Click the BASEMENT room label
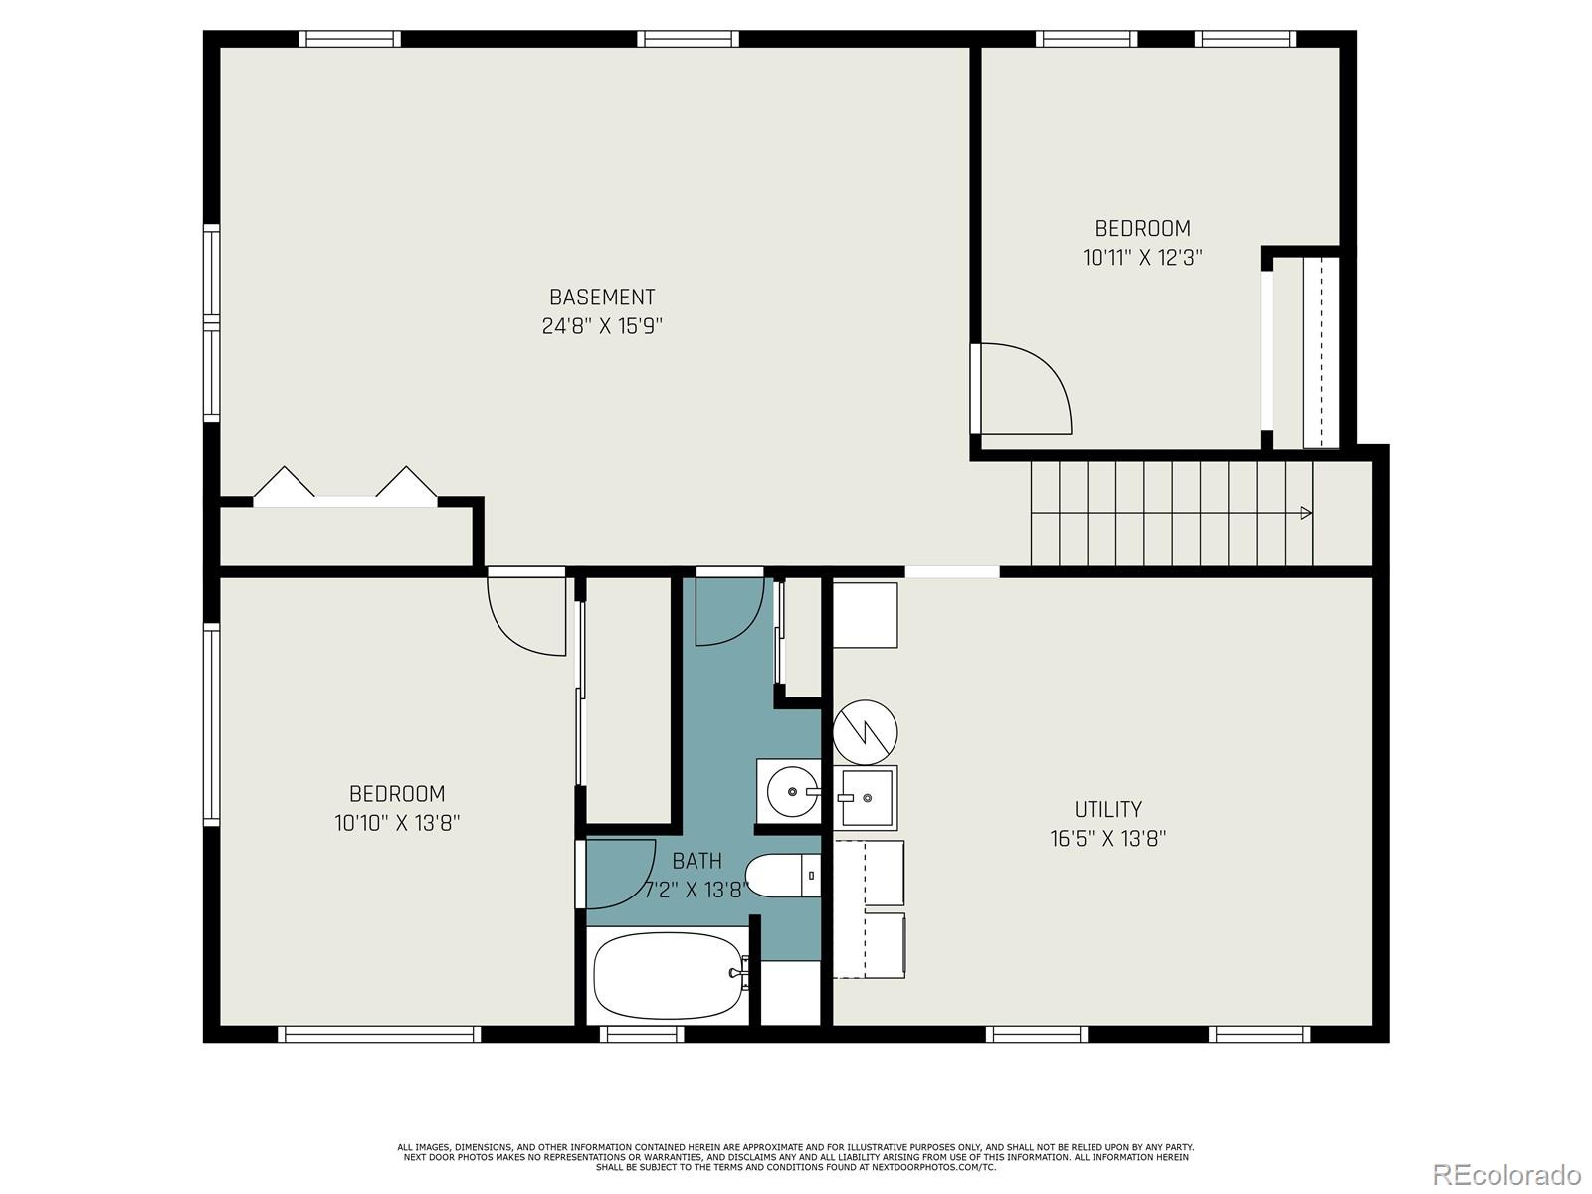click(x=602, y=297)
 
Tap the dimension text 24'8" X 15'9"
click(x=602, y=326)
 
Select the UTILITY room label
click(x=1107, y=809)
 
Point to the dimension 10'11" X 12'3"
click(x=1142, y=258)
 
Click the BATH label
click(x=696, y=861)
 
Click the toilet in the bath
click(x=783, y=876)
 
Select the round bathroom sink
click(x=794, y=792)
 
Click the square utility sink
click(x=867, y=797)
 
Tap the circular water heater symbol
click(x=866, y=732)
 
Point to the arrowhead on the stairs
click(x=1306, y=513)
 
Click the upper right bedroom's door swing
click(x=1025, y=388)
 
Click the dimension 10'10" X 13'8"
click(x=397, y=824)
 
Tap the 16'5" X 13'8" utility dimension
click(x=1107, y=839)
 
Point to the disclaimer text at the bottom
click(x=795, y=1157)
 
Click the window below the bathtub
click(x=642, y=1035)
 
